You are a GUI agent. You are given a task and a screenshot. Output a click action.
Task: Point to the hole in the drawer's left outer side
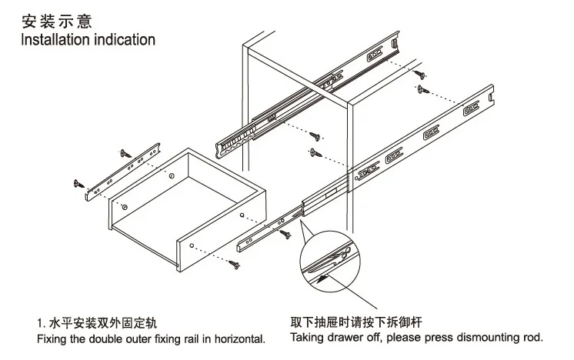pos(125,208)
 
